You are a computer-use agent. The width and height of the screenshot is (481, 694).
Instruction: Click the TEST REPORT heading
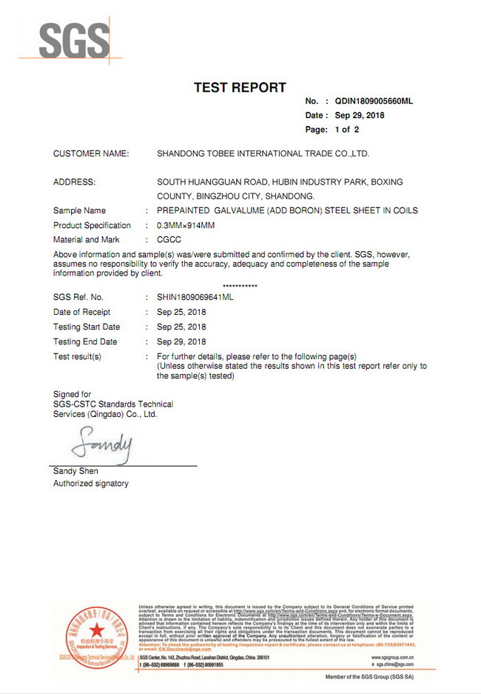click(x=240, y=87)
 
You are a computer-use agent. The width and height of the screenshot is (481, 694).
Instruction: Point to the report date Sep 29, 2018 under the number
click(x=360, y=116)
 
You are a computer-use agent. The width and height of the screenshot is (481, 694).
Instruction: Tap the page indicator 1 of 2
click(x=346, y=130)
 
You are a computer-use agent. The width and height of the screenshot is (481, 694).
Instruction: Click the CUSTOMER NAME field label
click(x=91, y=153)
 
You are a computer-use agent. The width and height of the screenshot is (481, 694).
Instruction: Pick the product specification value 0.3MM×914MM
click(x=186, y=225)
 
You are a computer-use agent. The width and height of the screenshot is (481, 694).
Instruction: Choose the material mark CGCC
click(x=169, y=240)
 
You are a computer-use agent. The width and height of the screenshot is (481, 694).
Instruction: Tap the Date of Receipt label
click(x=81, y=312)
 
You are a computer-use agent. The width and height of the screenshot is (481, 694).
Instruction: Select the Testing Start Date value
click(x=181, y=327)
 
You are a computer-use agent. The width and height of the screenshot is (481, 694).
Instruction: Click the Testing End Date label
click(x=85, y=341)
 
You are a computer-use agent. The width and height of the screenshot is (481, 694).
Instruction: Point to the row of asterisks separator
click(x=240, y=286)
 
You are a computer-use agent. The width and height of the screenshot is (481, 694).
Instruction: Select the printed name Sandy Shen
click(x=75, y=471)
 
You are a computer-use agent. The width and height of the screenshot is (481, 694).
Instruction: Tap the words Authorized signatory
click(x=90, y=484)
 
